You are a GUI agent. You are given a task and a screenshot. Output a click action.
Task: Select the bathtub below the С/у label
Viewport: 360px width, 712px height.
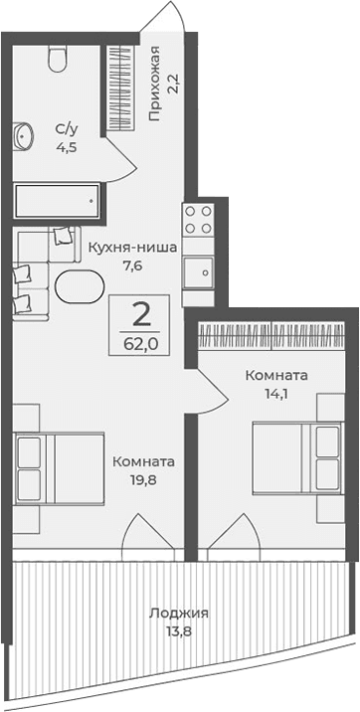tap(56, 202)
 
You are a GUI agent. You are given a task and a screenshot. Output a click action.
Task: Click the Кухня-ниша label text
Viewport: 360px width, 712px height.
tap(131, 249)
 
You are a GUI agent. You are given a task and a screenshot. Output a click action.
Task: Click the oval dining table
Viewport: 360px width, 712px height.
tap(78, 287)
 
